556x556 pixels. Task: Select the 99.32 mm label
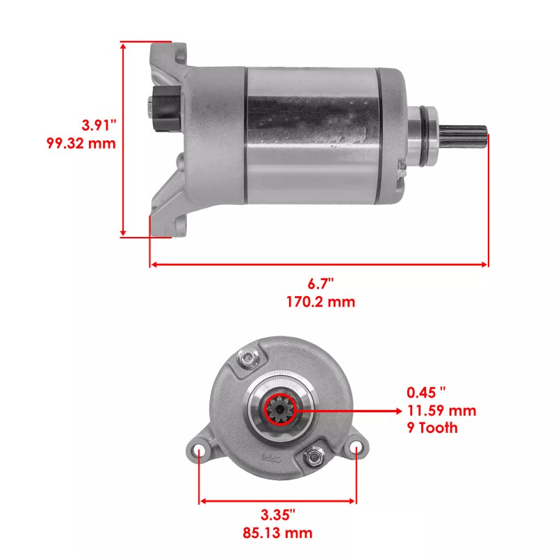[79, 144]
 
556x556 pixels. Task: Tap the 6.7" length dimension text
[321, 284]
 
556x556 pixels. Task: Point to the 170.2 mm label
[321, 302]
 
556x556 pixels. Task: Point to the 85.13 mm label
[277, 533]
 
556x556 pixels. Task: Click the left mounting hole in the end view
[199, 451]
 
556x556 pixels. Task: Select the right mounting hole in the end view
[357, 450]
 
